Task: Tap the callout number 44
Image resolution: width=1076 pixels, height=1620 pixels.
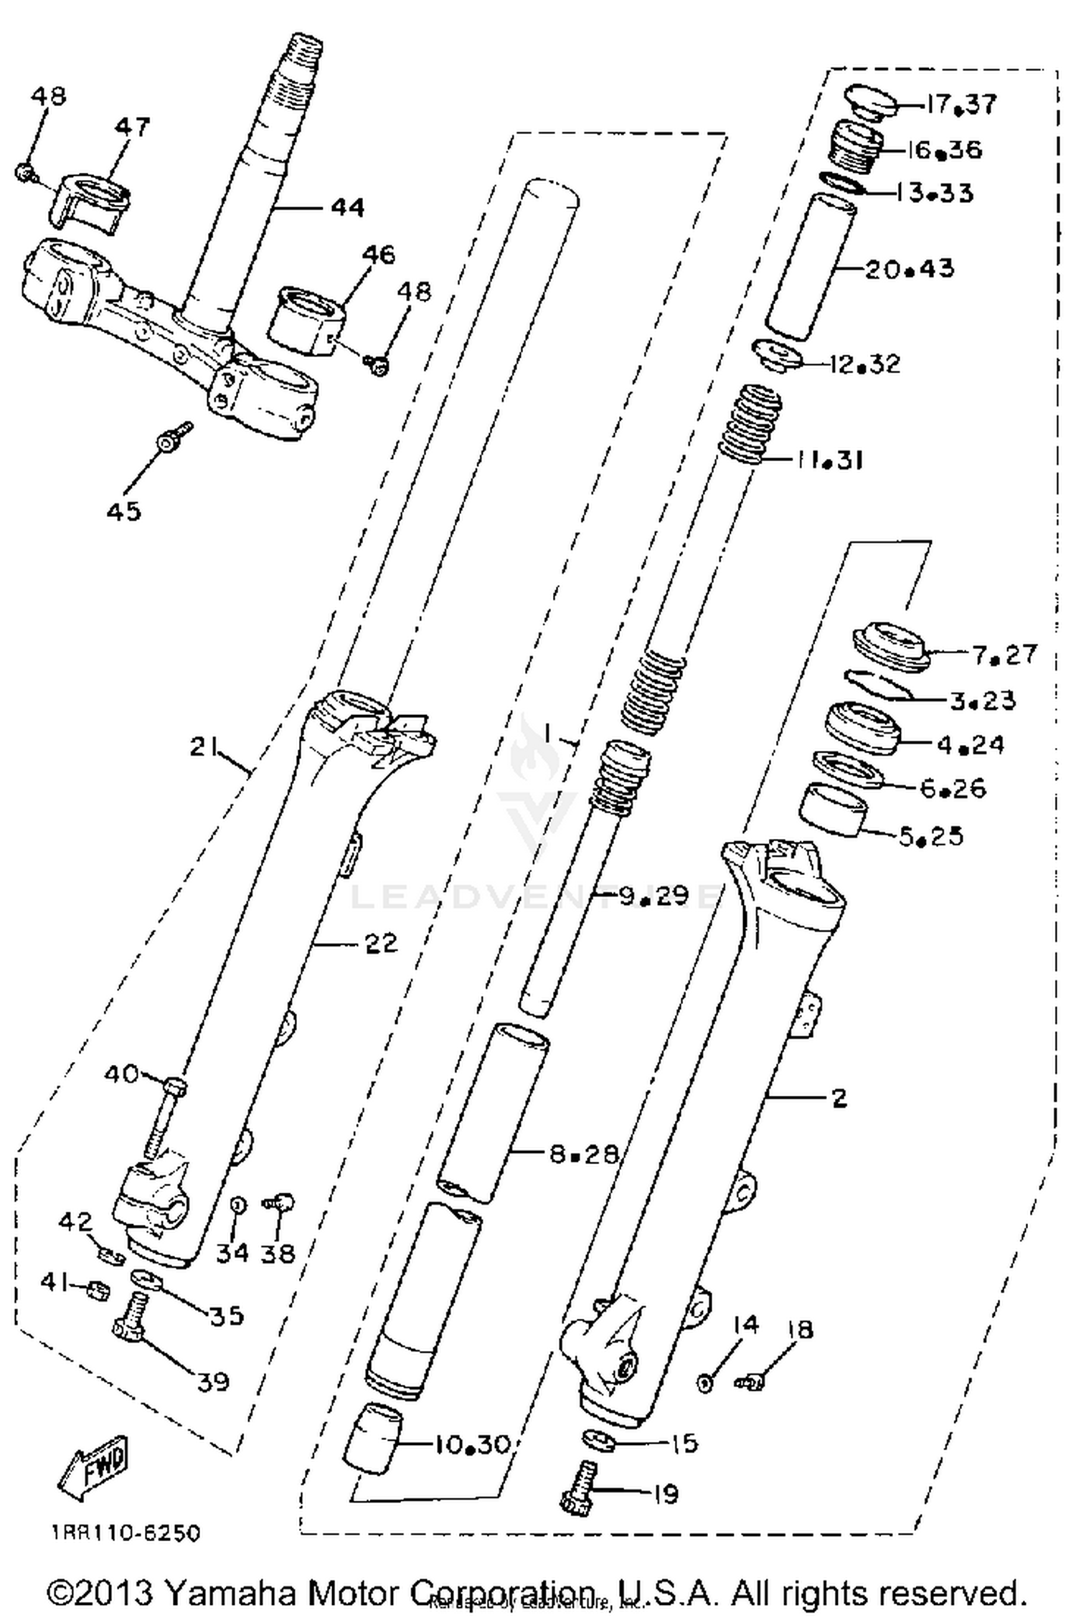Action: click(x=347, y=207)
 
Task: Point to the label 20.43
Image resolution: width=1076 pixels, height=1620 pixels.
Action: click(x=910, y=269)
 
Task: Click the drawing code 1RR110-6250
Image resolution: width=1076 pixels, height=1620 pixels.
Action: click(x=126, y=1534)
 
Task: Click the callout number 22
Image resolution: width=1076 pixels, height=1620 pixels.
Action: click(x=381, y=944)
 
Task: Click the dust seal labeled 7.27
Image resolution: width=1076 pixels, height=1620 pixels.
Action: click(x=890, y=647)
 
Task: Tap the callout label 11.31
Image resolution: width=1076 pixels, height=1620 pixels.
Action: click(x=829, y=460)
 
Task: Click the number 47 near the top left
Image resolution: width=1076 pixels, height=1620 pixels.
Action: click(x=133, y=127)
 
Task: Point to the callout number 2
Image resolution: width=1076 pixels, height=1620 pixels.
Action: click(x=839, y=1098)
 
